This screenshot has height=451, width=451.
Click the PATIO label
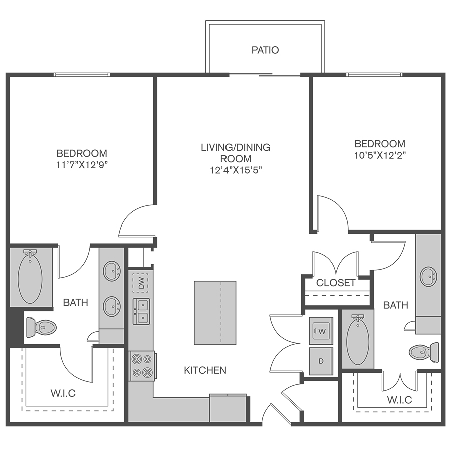click(x=265, y=50)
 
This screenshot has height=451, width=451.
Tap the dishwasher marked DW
click(x=140, y=283)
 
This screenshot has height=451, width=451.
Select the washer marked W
click(x=321, y=331)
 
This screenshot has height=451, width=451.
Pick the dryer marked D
click(x=321, y=361)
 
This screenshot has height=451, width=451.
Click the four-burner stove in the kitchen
click(x=142, y=366)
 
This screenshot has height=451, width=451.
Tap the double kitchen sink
click(x=141, y=312)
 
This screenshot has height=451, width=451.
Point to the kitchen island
click(x=215, y=313)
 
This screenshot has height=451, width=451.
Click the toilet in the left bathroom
click(x=41, y=327)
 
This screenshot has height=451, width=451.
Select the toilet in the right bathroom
click(x=424, y=352)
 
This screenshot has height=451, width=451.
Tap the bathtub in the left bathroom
click(x=30, y=277)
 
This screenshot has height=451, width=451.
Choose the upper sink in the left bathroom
click(x=112, y=271)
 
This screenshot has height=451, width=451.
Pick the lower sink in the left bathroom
click(x=112, y=307)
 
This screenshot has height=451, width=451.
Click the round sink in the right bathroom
click(x=429, y=277)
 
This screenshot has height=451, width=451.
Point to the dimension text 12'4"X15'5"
click(x=236, y=170)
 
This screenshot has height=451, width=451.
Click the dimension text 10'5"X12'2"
click(x=380, y=156)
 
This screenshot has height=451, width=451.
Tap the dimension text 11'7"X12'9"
click(x=82, y=165)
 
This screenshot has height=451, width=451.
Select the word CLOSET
click(x=336, y=283)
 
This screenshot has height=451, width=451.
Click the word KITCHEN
click(x=205, y=370)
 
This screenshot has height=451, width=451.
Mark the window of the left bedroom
click(x=82, y=75)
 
